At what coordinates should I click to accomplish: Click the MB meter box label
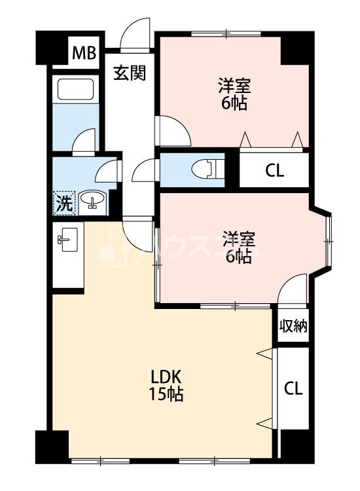(84, 53)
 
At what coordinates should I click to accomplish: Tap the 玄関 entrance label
(130, 73)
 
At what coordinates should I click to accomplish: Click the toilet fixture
(207, 170)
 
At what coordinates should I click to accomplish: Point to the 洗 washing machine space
(64, 203)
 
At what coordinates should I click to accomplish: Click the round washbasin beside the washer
(92, 199)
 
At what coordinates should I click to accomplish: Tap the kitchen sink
(67, 239)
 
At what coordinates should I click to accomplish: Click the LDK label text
(166, 377)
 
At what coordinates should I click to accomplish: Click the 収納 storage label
(293, 326)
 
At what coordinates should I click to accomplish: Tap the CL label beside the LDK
(293, 389)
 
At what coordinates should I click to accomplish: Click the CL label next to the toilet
(274, 171)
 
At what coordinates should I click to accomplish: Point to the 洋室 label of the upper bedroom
(234, 86)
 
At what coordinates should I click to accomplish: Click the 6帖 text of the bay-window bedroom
(238, 257)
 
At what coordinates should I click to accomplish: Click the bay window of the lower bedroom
(329, 241)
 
